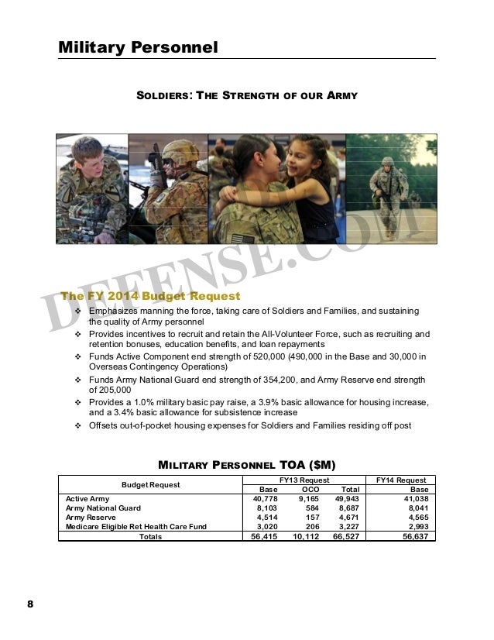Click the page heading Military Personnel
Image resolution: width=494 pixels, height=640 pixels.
(138, 47)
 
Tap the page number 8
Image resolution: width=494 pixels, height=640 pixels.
(32, 604)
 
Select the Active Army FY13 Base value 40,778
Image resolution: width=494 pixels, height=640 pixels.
(263, 499)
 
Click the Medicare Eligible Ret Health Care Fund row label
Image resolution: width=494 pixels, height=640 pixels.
(136, 527)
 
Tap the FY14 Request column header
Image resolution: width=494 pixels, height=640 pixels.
(400, 480)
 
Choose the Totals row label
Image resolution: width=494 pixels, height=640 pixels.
(151, 536)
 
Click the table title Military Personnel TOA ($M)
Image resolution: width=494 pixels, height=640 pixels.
(246, 465)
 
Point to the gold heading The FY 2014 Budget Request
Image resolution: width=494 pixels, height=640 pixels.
(150, 296)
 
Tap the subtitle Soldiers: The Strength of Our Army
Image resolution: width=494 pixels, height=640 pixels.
(246, 95)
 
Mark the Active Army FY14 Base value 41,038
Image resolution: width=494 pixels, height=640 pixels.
(411, 499)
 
